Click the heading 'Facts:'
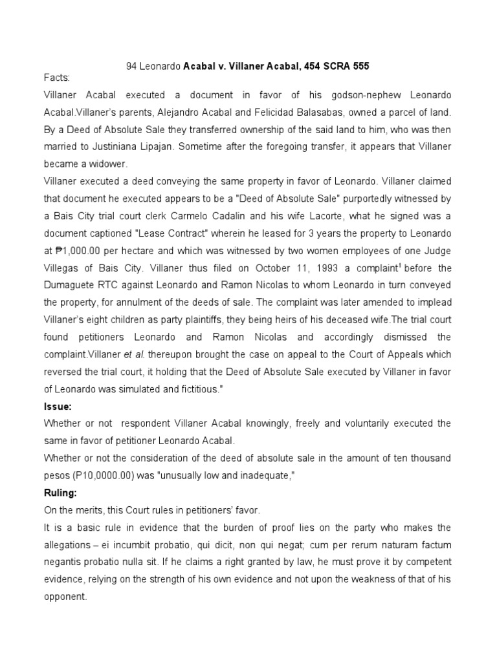tap(56, 78)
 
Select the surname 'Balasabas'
tap(308, 112)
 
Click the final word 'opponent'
tap(64, 598)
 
